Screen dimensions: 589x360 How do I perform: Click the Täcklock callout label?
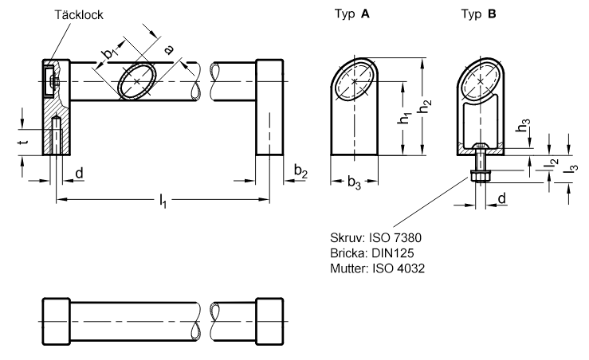point(79,14)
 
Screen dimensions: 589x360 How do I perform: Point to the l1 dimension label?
point(163,201)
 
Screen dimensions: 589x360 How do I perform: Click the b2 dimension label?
point(300,171)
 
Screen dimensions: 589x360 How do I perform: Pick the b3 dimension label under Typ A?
point(354,183)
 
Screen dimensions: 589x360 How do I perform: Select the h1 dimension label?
point(404,118)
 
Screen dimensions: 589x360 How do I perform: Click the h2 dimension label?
point(425,106)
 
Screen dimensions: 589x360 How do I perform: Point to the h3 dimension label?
point(523,125)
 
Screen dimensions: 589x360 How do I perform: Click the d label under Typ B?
point(502,198)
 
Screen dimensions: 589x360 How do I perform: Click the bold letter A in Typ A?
point(365,14)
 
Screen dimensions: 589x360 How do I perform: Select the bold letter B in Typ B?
point(492,14)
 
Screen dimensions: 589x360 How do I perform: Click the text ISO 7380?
point(395,237)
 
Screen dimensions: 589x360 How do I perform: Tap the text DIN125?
point(393,253)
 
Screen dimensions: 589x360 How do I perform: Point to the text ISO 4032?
point(399,268)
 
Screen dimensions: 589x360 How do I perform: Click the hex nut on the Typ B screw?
point(480,176)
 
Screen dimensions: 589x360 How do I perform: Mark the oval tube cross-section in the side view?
point(136,81)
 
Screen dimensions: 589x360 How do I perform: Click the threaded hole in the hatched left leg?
point(56,135)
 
